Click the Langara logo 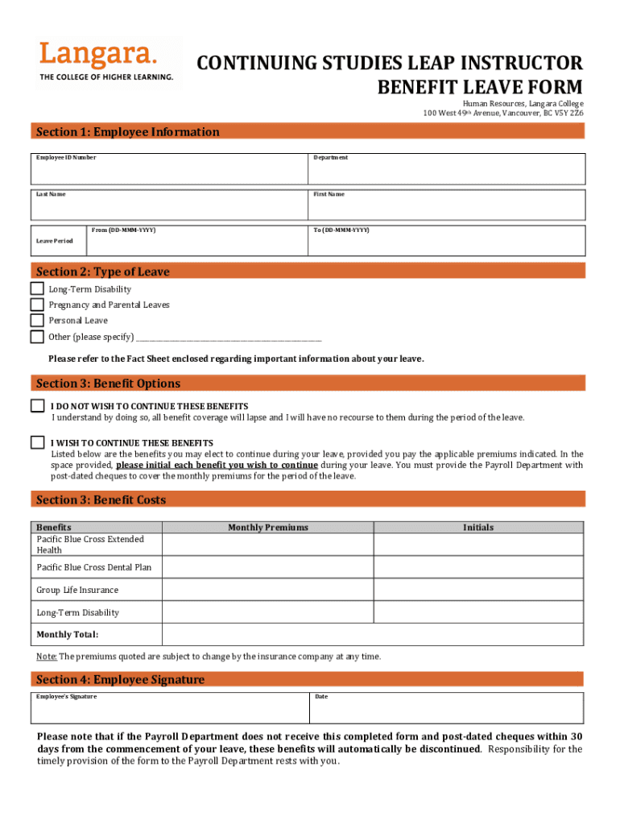coord(106,61)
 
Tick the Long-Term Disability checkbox coord(37,289)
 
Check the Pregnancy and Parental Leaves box coord(37,305)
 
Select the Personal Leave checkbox coord(37,321)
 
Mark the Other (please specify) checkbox coord(37,337)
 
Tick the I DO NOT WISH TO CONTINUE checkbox coord(38,406)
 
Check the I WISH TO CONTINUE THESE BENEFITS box coord(38,442)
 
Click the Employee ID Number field coord(169,171)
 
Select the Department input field coord(446,171)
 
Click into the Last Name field coord(169,207)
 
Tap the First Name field coord(446,207)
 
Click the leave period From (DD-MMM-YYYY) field coord(196,243)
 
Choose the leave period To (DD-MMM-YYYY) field coord(446,243)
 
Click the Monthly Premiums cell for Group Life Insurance coord(268,591)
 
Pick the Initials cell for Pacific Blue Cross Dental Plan coord(478,567)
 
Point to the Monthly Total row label coord(68,635)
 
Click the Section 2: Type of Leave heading coord(103,272)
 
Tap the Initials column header coord(478,528)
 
